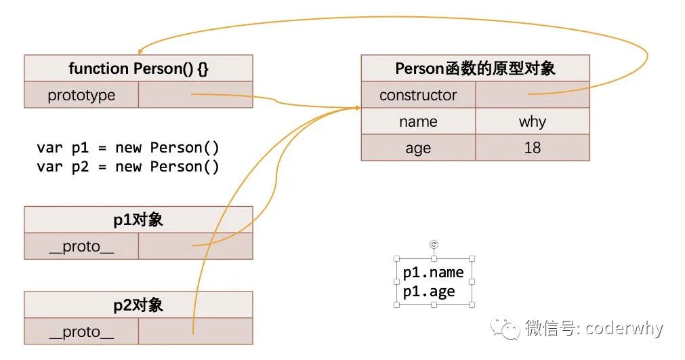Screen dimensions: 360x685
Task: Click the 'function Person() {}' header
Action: coord(138,68)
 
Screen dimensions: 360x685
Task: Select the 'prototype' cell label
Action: coord(81,96)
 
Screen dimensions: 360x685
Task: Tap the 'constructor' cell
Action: coord(418,96)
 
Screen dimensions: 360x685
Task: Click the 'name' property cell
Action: coord(418,122)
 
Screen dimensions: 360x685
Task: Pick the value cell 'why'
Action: coord(533,122)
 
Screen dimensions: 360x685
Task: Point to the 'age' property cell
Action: coord(418,148)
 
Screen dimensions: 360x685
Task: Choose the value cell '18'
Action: coord(533,148)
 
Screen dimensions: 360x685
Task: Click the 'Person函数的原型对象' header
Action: coord(475,68)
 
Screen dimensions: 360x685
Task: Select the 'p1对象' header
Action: coord(138,220)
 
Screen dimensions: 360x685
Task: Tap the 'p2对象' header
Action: coord(138,305)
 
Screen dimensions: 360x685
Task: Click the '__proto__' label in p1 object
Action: coord(81,247)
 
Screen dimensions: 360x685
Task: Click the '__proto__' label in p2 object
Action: coord(81,332)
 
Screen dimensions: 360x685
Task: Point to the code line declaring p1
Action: coord(128,148)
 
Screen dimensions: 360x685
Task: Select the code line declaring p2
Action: coord(128,167)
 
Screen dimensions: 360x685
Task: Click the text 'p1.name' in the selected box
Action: coord(433,273)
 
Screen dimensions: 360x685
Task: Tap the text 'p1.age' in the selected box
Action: coord(429,292)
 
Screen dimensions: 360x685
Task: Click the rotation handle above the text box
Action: coord(434,244)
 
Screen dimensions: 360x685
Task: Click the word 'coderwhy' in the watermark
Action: coord(623,329)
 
